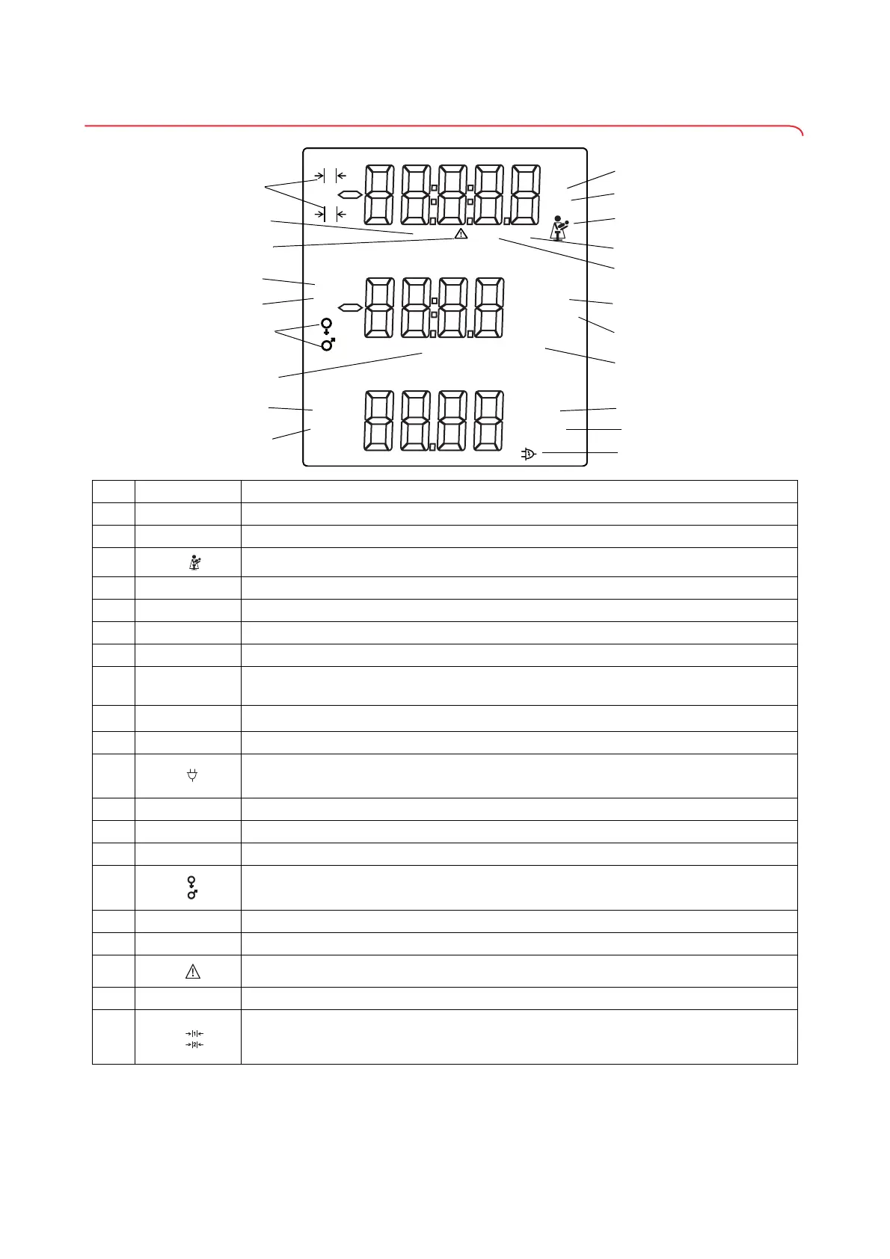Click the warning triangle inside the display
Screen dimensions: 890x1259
click(x=461, y=234)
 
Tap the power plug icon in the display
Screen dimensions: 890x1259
click(x=529, y=453)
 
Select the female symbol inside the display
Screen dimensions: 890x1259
click(x=327, y=325)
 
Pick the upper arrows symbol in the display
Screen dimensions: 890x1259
click(x=330, y=176)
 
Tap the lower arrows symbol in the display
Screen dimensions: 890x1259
click(x=330, y=215)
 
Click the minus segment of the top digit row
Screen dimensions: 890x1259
click(x=349, y=195)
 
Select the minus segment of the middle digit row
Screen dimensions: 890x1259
click(x=349, y=307)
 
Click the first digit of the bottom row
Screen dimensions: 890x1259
click(x=379, y=420)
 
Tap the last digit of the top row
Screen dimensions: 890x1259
click(x=522, y=195)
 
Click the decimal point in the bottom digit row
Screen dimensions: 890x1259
click(x=433, y=447)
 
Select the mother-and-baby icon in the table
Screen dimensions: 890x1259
click(x=192, y=562)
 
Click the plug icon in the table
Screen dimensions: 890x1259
click(x=192, y=776)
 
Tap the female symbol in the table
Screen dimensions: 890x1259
click(x=192, y=881)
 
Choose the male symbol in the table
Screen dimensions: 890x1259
click(x=192, y=893)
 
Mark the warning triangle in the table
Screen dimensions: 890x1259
click(x=192, y=972)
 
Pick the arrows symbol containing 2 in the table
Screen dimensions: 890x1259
click(x=194, y=1044)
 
